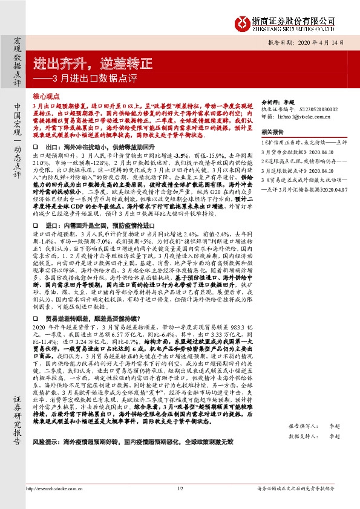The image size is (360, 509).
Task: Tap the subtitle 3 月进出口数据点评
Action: coord(91,79)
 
